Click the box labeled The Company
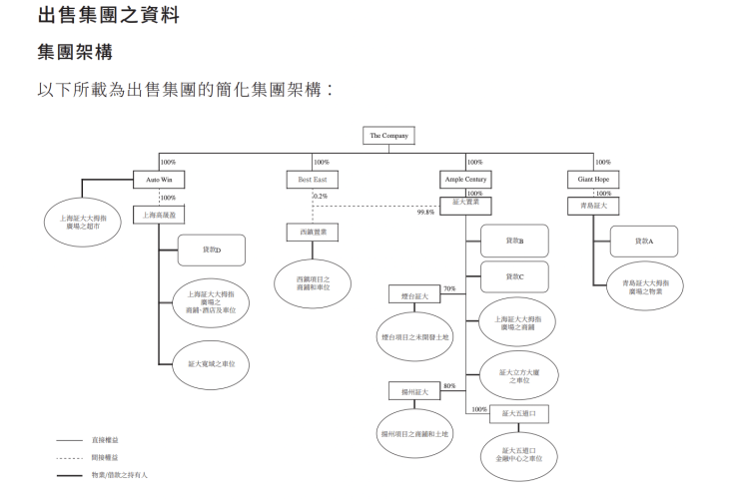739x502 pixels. [388, 136]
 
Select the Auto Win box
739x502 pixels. [160, 180]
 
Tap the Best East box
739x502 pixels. [313, 180]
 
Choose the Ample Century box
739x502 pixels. [465, 180]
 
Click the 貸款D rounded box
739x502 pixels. [211, 250]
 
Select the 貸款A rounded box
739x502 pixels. [643, 242]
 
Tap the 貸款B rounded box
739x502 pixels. [514, 242]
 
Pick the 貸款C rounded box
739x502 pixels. [514, 276]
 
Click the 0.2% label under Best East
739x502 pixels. [320, 196]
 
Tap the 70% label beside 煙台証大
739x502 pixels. [449, 287]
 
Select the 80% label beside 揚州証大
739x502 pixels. [449, 385]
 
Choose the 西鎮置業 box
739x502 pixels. [313, 232]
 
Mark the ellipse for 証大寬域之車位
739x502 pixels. [211, 364]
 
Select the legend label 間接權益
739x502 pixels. [107, 457]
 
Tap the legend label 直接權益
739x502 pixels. [107, 439]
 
